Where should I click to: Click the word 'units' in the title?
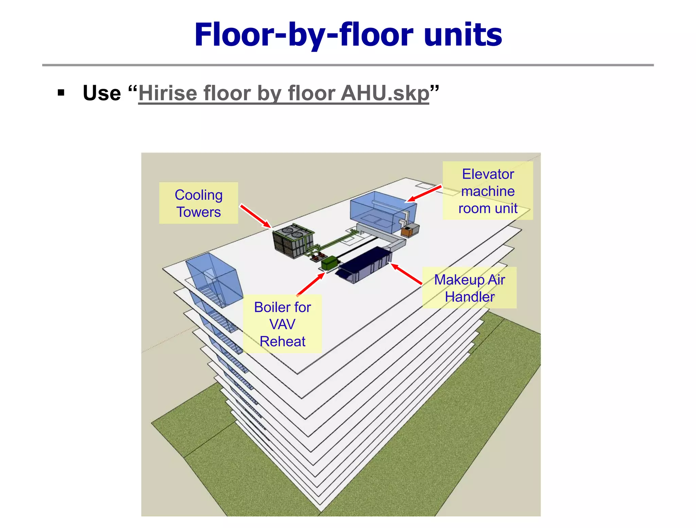(x=463, y=35)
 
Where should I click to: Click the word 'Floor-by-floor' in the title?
(x=303, y=35)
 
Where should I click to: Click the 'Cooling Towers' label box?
(x=198, y=203)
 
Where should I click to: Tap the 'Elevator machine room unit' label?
(x=488, y=191)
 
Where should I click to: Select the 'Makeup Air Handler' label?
(x=469, y=288)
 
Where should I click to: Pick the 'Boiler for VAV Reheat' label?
(x=282, y=324)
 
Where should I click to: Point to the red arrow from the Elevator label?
(x=425, y=193)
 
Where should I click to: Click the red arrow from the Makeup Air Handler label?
(x=406, y=274)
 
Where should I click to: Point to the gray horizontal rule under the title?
(x=348, y=65)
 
